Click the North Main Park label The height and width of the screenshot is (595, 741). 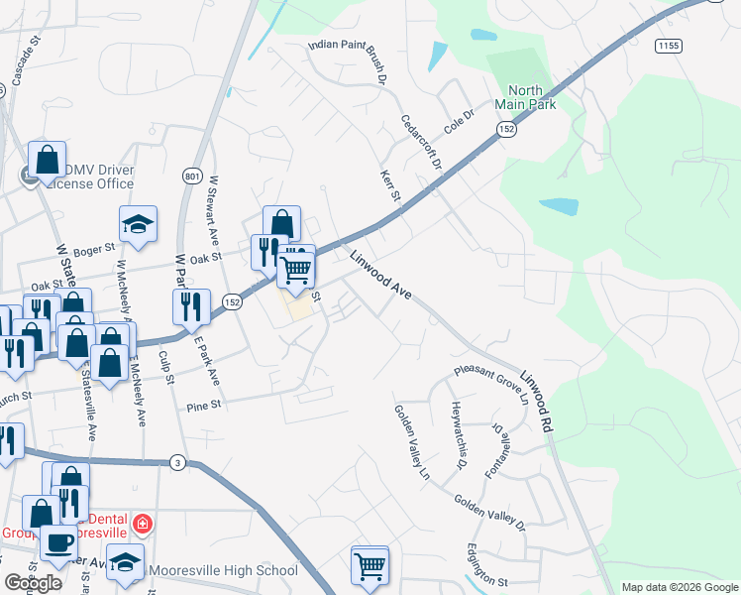(x=525, y=95)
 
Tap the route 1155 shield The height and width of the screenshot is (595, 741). (x=668, y=46)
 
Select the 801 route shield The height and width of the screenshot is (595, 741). (x=192, y=176)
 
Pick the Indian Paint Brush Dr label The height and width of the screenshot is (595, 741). (x=346, y=57)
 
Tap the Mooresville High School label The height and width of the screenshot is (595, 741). (x=222, y=570)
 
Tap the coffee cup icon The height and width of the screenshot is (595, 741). (x=59, y=543)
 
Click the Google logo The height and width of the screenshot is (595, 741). (x=34, y=582)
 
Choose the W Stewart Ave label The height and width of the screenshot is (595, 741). (x=212, y=210)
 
